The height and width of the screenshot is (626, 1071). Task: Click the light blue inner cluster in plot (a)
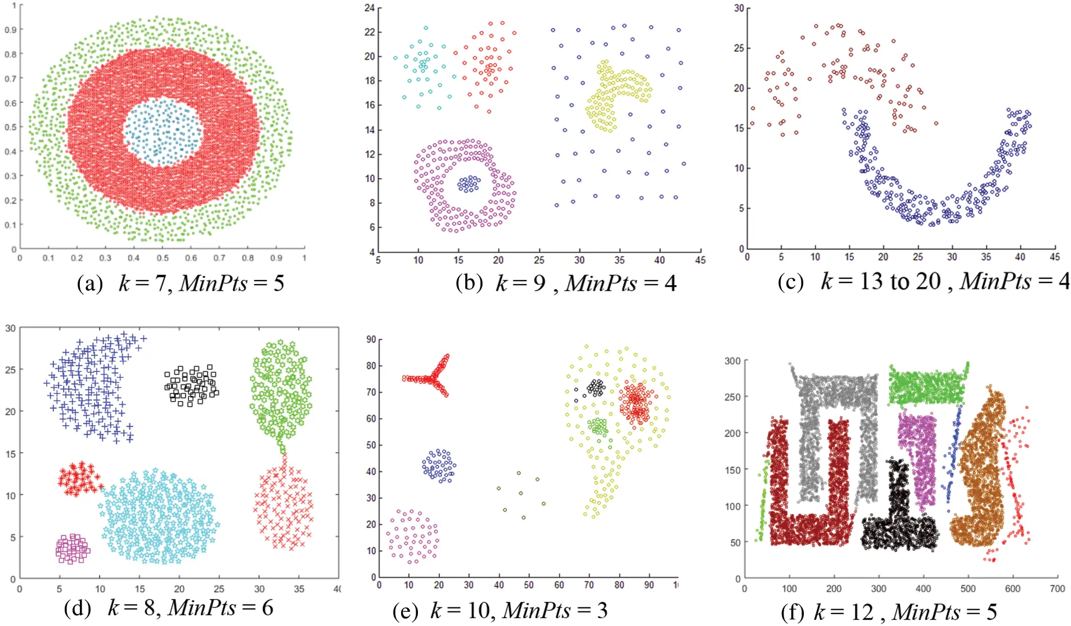coord(162,132)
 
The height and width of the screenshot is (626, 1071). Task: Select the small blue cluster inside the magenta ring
coord(469,184)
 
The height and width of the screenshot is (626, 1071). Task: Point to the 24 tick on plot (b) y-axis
coord(370,8)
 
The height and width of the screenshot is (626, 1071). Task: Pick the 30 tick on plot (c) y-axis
coord(739,8)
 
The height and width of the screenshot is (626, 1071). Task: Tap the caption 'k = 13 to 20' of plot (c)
coord(880,281)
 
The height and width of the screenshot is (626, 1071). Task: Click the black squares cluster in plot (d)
coord(191,385)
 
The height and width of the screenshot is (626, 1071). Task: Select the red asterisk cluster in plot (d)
coord(79,479)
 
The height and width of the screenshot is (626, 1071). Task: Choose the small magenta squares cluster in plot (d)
coord(73,549)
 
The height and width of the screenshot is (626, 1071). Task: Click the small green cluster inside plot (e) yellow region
coord(598,426)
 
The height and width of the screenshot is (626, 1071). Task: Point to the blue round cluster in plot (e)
coord(439,466)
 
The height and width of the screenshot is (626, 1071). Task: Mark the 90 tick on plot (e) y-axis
coord(371,339)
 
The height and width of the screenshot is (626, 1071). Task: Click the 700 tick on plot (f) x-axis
coord(1057,589)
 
